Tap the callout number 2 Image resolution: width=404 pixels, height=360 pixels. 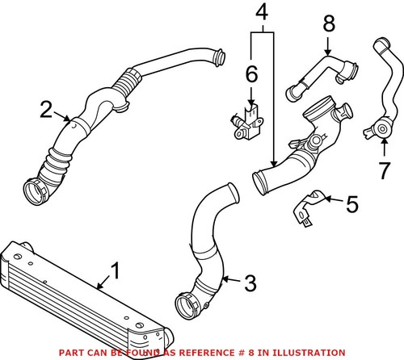pos(47,108)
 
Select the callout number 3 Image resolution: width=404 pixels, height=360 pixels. pos(250,283)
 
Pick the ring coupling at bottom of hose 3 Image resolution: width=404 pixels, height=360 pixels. pos(187,309)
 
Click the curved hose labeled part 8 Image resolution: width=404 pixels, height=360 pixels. pos(322,72)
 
